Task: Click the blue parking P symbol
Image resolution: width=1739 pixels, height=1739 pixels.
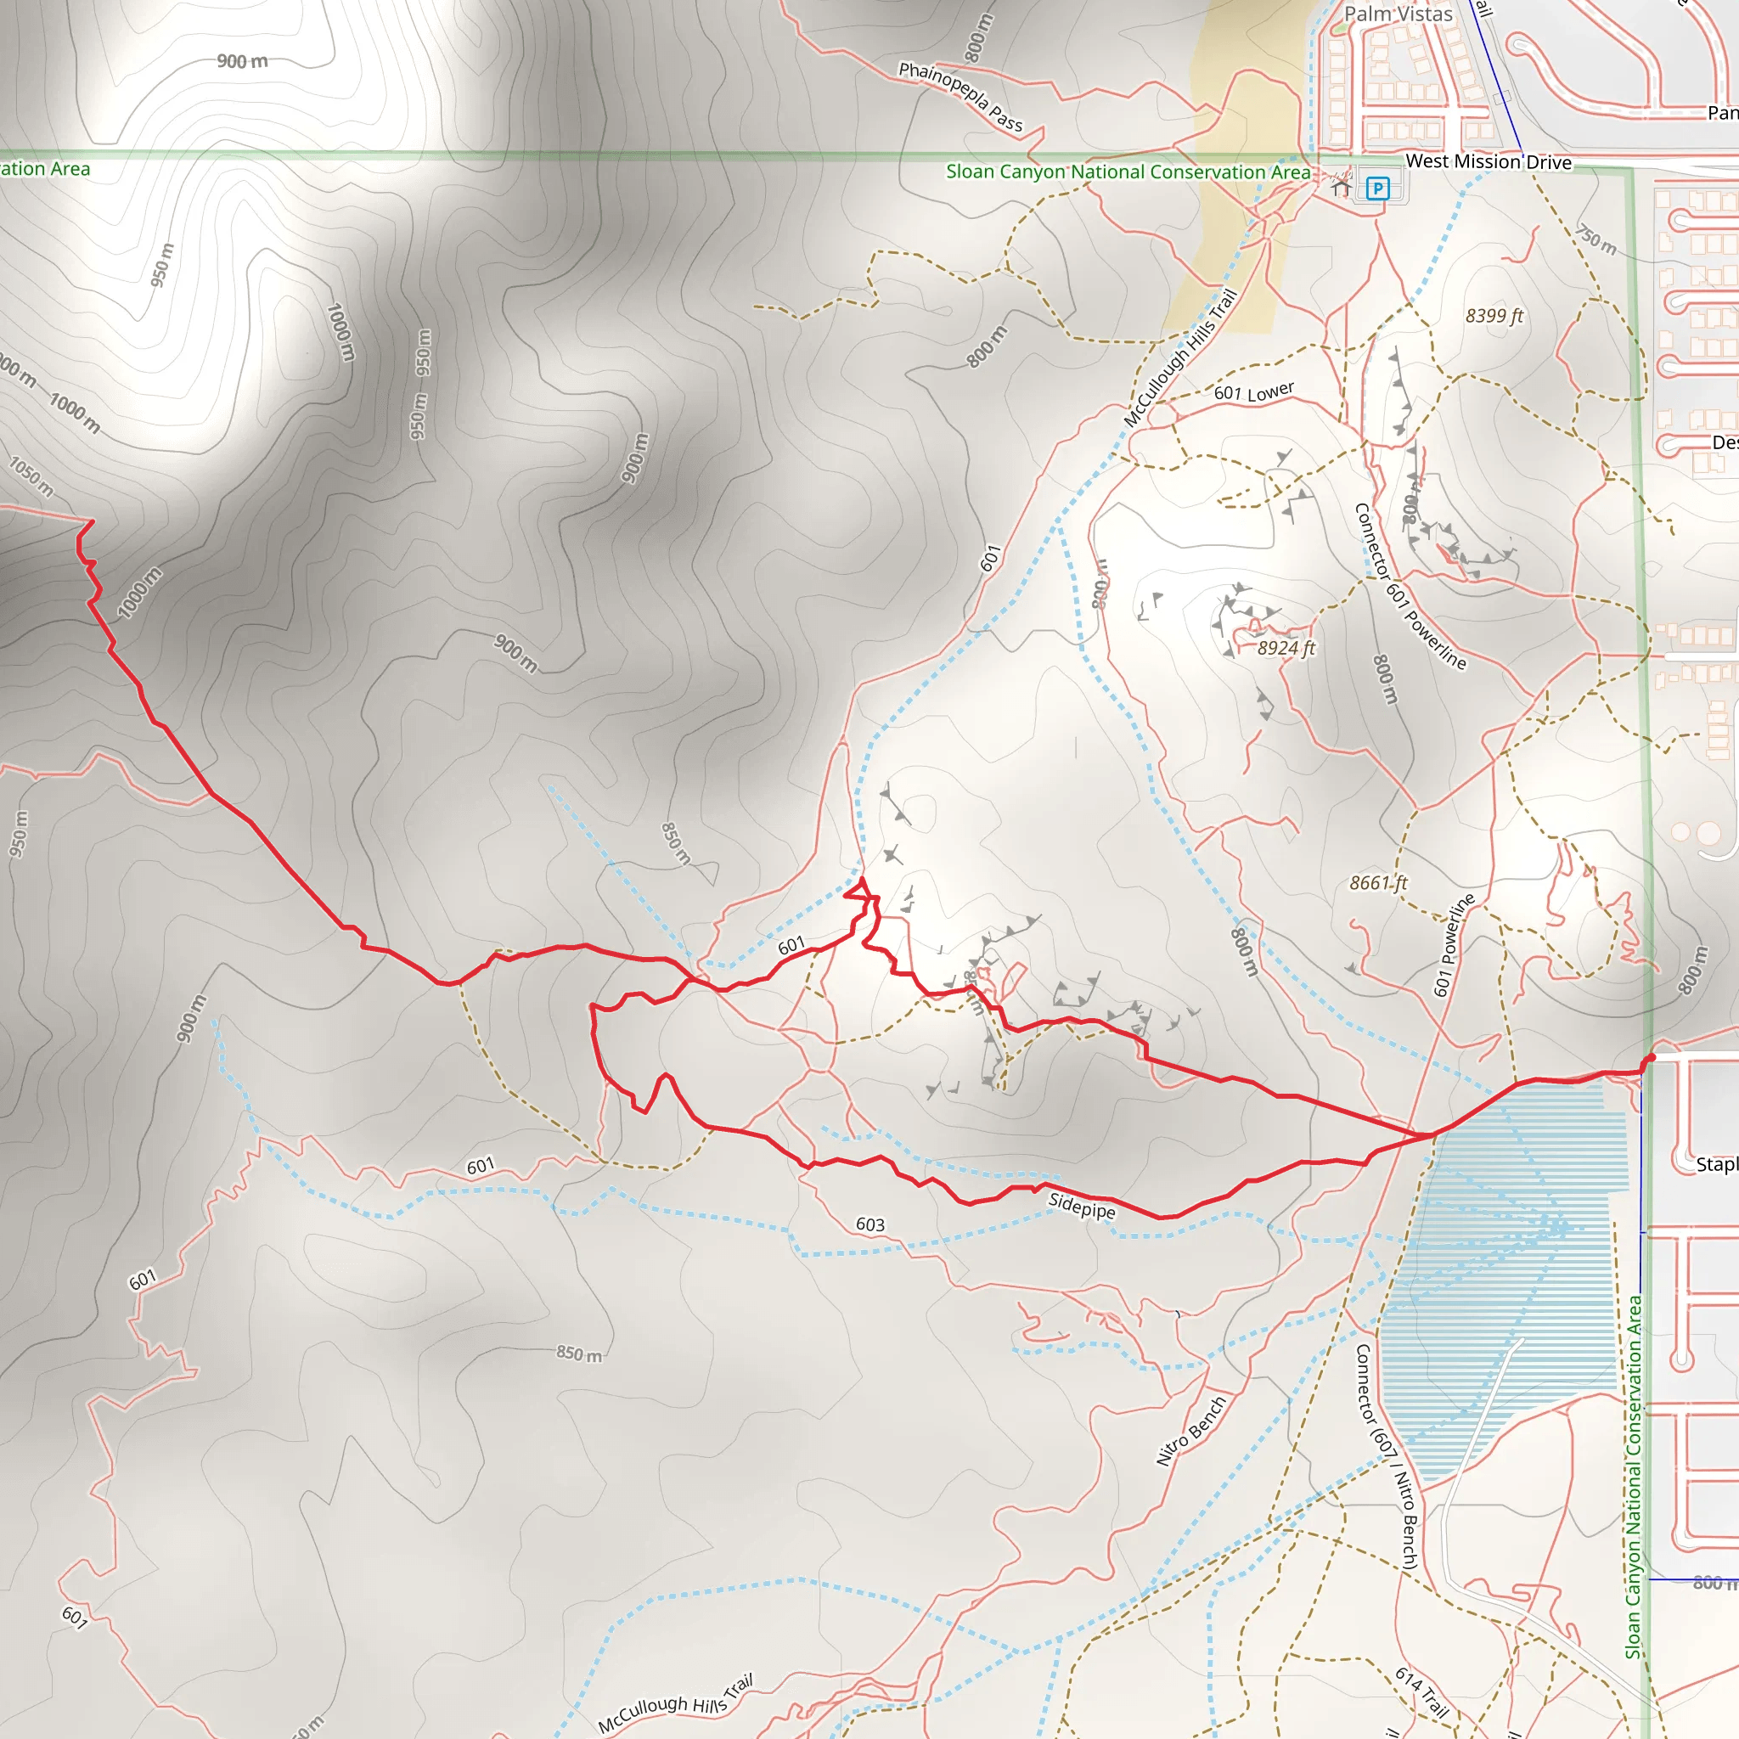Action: pyautogui.click(x=1377, y=189)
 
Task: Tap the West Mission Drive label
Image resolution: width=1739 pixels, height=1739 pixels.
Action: pyautogui.click(x=1488, y=162)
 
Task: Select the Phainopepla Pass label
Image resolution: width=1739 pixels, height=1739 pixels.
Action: pyautogui.click(x=960, y=96)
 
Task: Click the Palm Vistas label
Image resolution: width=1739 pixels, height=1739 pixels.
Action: pyautogui.click(x=1398, y=14)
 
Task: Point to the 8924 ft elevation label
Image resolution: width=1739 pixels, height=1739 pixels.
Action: pyautogui.click(x=1286, y=648)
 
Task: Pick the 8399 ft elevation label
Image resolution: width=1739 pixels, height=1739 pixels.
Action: pyautogui.click(x=1494, y=316)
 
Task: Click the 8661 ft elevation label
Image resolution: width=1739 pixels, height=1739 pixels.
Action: pyautogui.click(x=1377, y=883)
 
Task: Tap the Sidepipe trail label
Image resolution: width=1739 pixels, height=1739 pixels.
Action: pyautogui.click(x=1081, y=1205)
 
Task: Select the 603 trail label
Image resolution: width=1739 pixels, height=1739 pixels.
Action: pyautogui.click(x=869, y=1224)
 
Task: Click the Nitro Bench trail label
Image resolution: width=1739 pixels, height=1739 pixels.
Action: pyautogui.click(x=1190, y=1430)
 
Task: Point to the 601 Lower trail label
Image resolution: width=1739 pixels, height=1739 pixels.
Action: pyautogui.click(x=1253, y=391)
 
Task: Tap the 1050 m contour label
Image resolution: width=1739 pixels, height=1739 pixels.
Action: pyautogui.click(x=31, y=477)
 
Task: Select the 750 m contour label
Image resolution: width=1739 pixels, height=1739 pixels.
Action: pyautogui.click(x=1595, y=239)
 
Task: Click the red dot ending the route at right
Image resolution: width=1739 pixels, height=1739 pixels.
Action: pyautogui.click(x=1651, y=1058)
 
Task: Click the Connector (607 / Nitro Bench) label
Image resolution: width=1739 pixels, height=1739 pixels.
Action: pyautogui.click(x=1386, y=1457)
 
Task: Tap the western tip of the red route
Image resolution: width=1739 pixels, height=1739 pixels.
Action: pyautogui.click(x=91, y=521)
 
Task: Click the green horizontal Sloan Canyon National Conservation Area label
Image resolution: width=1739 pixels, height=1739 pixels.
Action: pyautogui.click(x=1127, y=172)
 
